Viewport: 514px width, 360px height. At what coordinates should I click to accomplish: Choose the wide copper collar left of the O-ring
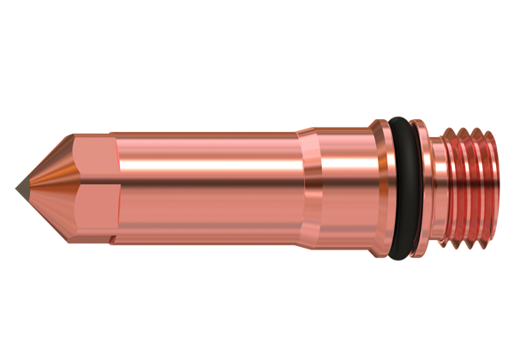click(x=347, y=184)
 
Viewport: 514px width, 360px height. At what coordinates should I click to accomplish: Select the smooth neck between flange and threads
click(x=436, y=184)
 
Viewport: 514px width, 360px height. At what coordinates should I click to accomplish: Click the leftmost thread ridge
click(x=449, y=184)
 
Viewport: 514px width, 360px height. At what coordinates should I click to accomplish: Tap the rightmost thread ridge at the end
click(x=492, y=184)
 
